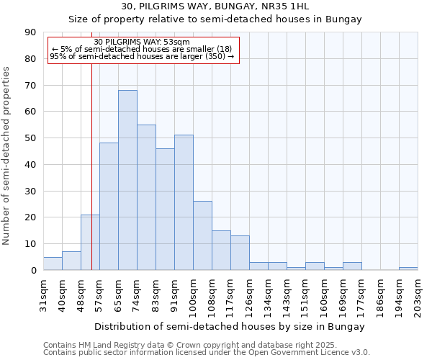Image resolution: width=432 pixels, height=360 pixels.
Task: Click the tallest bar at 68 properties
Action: pos(127,180)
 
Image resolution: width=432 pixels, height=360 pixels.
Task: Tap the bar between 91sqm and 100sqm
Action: pos(184,202)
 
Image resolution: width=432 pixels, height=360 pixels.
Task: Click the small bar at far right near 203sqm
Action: pos(408,269)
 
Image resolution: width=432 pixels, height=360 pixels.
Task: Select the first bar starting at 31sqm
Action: pos(53,264)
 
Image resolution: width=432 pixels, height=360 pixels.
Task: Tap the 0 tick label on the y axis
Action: pos(35,271)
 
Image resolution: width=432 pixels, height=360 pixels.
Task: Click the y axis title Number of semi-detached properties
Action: pos(7,156)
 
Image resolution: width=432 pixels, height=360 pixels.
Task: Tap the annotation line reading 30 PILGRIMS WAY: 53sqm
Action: pos(142,42)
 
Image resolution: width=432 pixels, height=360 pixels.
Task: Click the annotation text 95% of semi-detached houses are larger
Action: pos(142,56)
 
